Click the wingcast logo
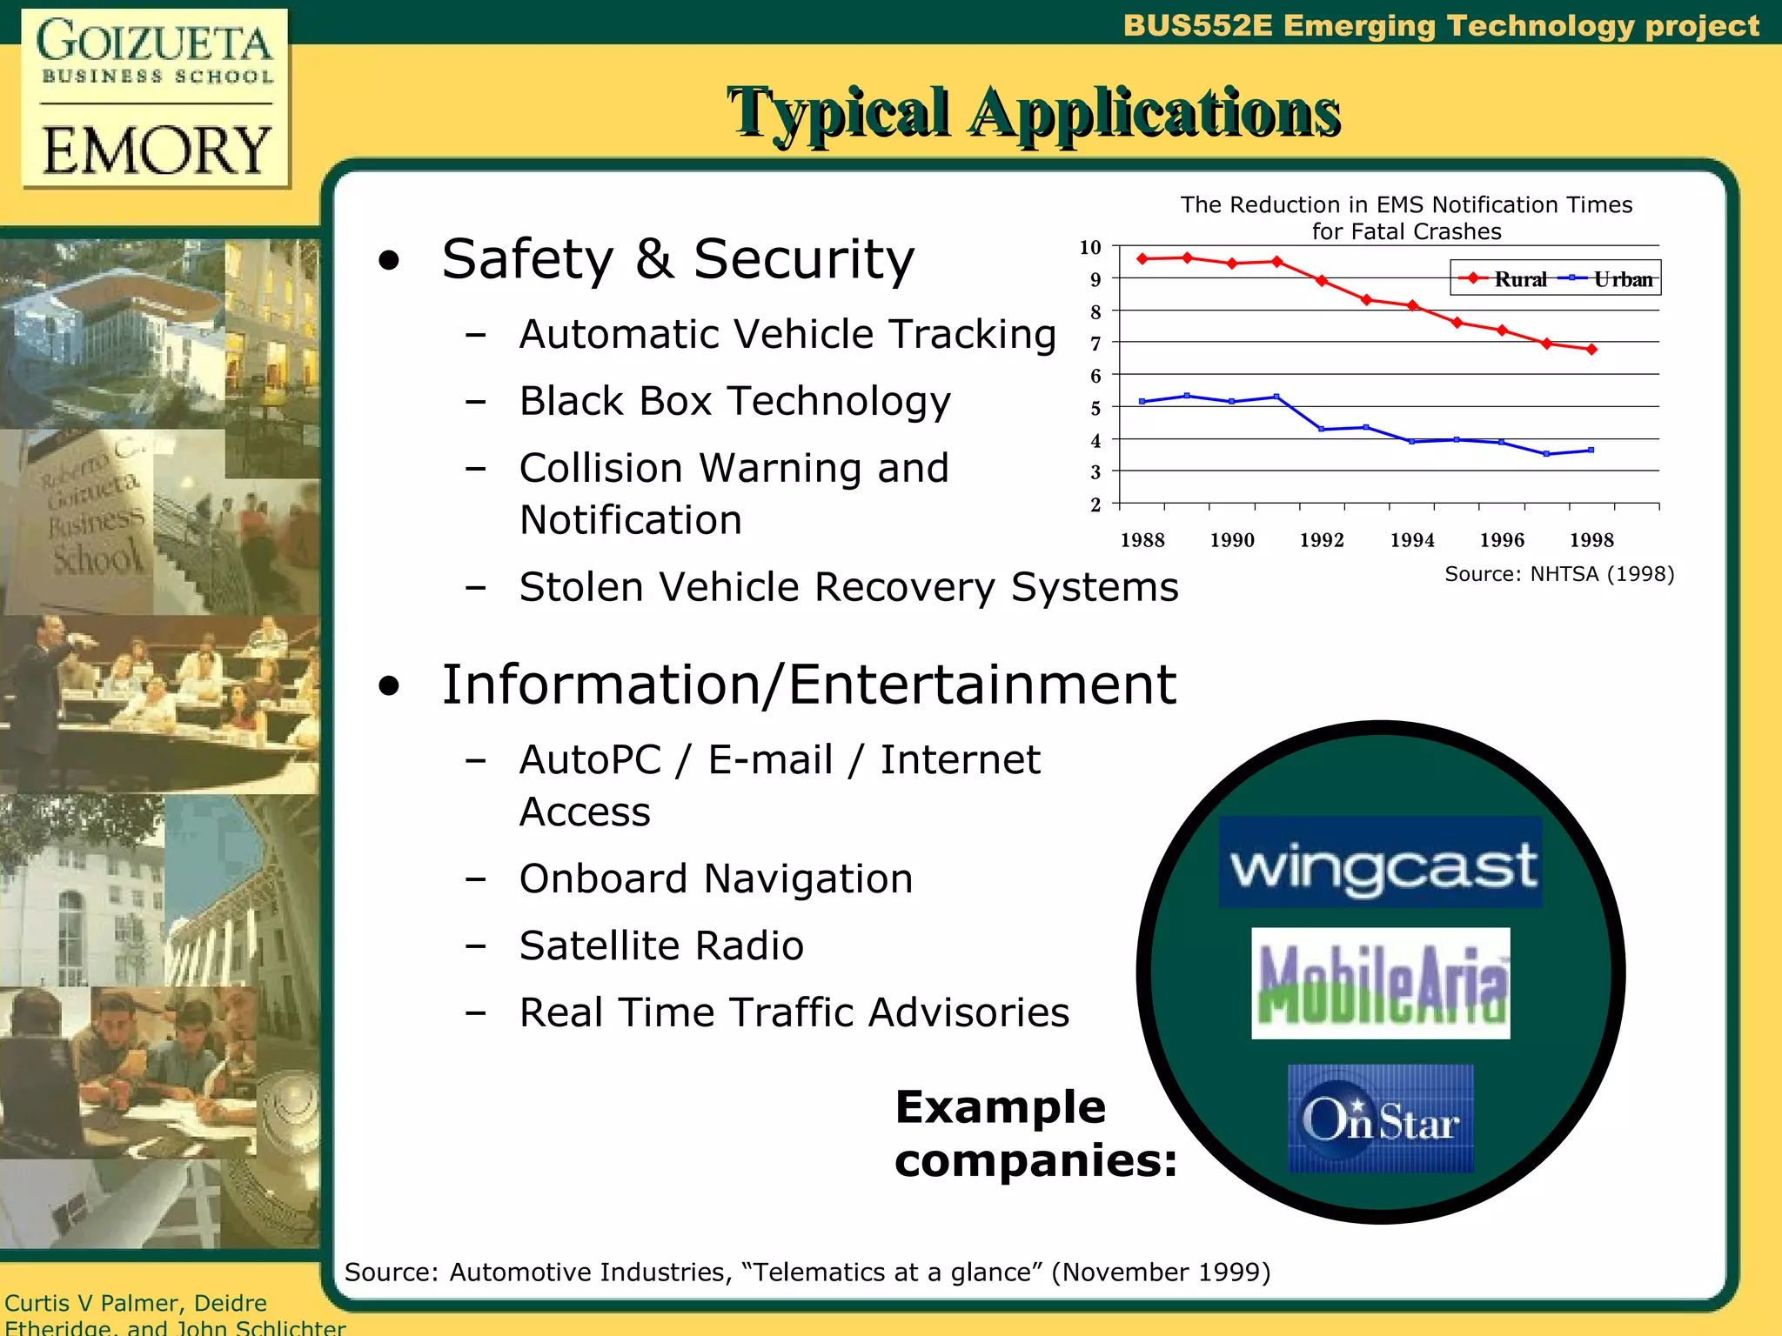point(1381,863)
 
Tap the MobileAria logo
point(1381,983)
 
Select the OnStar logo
point(1381,1119)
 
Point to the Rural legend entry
point(1505,279)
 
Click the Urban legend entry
point(1610,279)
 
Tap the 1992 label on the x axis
point(1322,540)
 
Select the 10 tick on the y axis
point(1090,248)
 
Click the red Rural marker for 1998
point(1591,350)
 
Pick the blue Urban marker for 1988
point(1142,402)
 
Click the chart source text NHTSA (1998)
point(1559,574)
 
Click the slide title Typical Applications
point(1034,112)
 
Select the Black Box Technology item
point(734,402)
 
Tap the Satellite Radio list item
point(661,946)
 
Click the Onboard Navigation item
point(716,879)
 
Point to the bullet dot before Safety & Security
point(389,261)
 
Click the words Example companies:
point(1035,1134)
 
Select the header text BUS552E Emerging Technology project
point(1440,25)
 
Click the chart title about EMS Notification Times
point(1406,217)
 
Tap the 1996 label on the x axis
point(1502,540)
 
